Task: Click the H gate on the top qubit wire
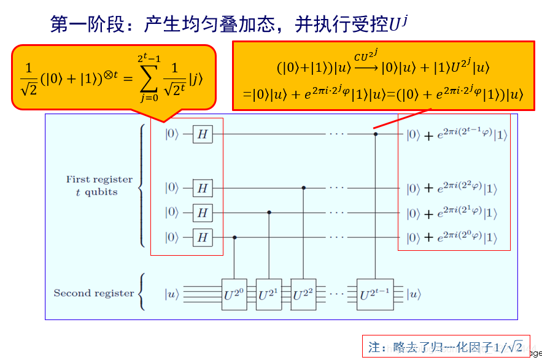[203, 134]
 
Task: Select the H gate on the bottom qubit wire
[203, 237]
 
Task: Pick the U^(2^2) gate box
[304, 294]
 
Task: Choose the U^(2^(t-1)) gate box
[376, 294]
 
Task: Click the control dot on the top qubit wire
[376, 132]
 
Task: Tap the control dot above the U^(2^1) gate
[269, 212]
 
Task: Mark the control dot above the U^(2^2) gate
[304, 188]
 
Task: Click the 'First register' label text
[99, 180]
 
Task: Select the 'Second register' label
[93, 293]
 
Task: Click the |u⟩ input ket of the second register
[171, 294]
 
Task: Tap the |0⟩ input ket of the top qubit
[171, 134]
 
